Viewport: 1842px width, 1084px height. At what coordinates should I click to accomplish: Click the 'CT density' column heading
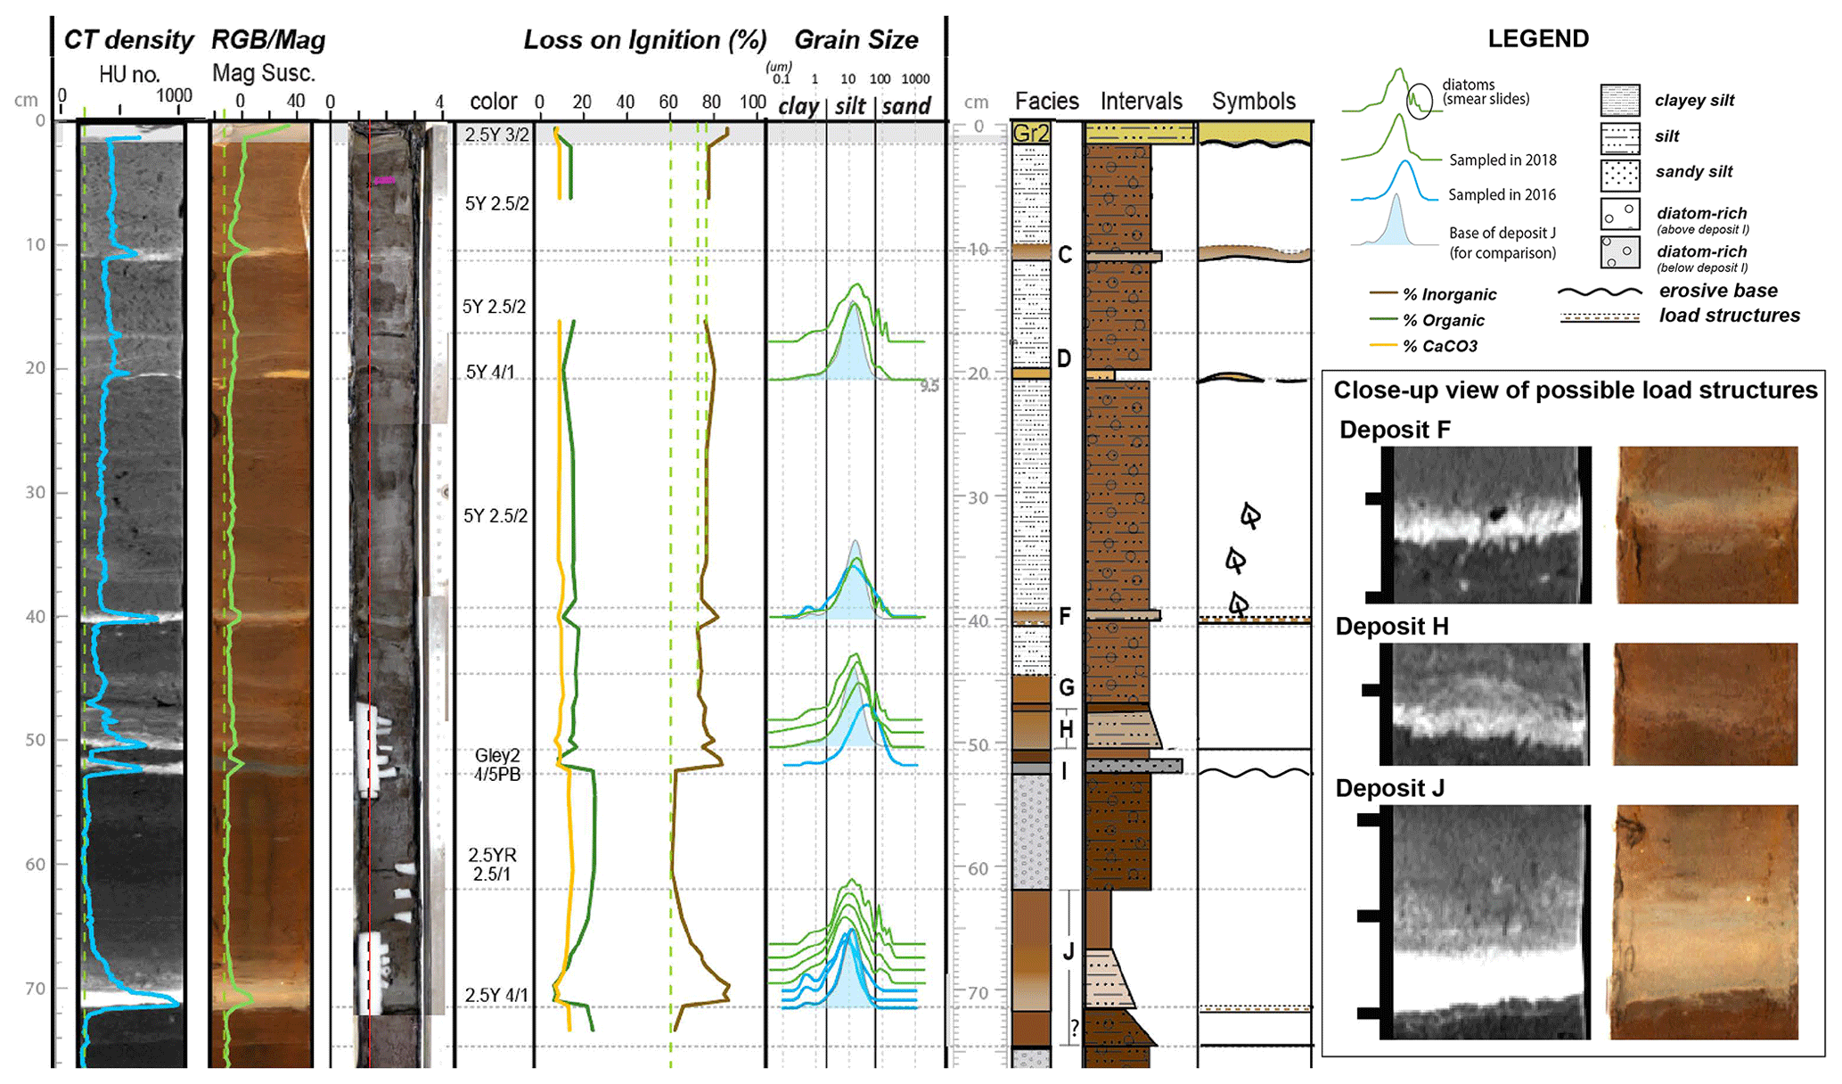(128, 40)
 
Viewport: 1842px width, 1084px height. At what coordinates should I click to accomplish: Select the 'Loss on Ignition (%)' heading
(644, 40)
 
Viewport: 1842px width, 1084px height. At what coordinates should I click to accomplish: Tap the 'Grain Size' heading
(856, 40)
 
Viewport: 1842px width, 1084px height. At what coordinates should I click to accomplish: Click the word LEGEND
(1538, 39)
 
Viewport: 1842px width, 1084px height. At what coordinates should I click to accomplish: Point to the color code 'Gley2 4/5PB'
(497, 765)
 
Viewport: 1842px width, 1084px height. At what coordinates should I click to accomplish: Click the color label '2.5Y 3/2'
(496, 135)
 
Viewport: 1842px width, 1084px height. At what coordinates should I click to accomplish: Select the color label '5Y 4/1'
(490, 372)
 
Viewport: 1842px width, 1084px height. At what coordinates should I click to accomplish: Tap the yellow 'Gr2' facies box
(1031, 134)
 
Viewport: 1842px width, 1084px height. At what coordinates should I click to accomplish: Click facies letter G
(1066, 687)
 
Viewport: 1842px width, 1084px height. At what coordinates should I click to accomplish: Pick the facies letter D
(1064, 358)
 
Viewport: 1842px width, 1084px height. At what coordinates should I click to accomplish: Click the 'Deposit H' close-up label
(1392, 627)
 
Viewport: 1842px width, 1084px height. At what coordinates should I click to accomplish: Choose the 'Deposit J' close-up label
(1389, 788)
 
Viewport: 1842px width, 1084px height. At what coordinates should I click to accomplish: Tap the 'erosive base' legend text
(1717, 291)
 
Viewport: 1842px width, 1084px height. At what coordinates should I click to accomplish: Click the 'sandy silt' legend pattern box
(1620, 175)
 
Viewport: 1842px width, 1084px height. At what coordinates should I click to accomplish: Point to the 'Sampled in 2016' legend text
(1502, 194)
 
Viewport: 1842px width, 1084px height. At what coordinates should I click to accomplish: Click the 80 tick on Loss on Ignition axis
(711, 103)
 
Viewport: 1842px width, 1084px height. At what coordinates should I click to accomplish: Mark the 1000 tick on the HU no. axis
(175, 96)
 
